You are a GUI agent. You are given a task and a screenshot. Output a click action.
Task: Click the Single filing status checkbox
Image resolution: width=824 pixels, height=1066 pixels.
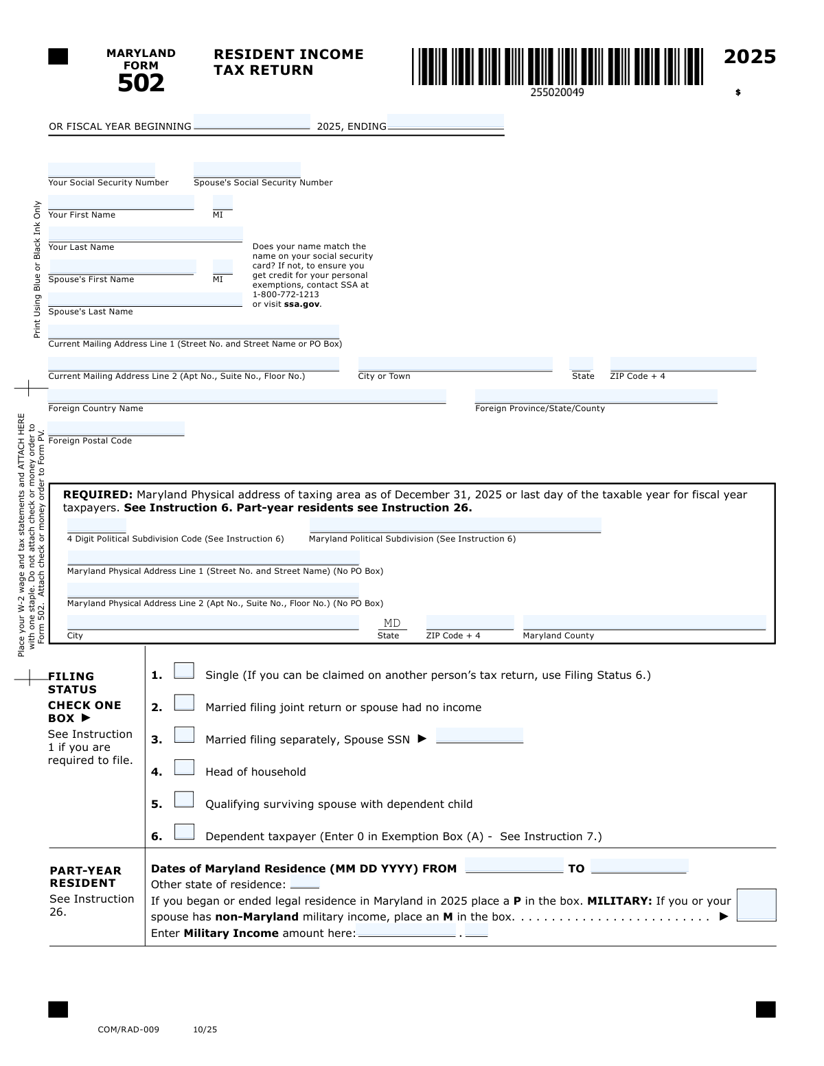pyautogui.click(x=184, y=671)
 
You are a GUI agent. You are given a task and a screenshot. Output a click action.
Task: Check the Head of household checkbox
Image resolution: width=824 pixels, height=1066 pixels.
pyautogui.click(x=184, y=767)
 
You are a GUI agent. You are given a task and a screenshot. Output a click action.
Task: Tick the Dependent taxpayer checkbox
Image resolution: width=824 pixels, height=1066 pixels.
pyautogui.click(x=184, y=832)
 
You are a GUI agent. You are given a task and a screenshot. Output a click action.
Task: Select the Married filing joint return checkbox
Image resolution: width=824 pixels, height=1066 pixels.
pyautogui.click(x=184, y=703)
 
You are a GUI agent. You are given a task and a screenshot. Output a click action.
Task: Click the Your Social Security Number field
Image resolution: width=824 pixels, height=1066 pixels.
pyautogui.click(x=102, y=170)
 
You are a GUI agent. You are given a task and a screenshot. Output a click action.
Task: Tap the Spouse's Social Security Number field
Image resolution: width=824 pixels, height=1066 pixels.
pyautogui.click(x=247, y=170)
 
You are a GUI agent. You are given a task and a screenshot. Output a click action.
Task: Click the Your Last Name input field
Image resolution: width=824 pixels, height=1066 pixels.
pyautogui.click(x=146, y=234)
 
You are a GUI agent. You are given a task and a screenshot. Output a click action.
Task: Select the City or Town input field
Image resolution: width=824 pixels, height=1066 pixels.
pyautogui.click(x=455, y=364)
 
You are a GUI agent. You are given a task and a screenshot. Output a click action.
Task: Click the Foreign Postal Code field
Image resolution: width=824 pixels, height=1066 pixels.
pyautogui.click(x=116, y=429)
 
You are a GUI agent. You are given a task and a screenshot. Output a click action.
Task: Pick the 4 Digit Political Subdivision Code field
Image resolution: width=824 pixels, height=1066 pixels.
pyautogui.click(x=97, y=526)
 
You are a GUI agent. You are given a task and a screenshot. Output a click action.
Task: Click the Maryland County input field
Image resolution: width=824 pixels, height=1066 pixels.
pyautogui.click(x=644, y=623)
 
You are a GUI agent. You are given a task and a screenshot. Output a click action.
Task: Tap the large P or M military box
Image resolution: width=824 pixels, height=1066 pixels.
pyautogui.click(x=756, y=905)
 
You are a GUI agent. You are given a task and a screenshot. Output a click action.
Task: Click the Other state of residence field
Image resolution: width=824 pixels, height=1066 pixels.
pyautogui.click(x=305, y=882)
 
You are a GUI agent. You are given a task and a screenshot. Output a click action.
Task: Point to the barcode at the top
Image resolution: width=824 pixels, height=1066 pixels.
pyautogui.click(x=558, y=67)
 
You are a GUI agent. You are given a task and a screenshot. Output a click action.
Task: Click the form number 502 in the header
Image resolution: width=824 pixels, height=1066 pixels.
pyautogui.click(x=141, y=83)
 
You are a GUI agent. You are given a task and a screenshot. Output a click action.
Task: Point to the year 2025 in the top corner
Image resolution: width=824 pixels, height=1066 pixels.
pyautogui.click(x=750, y=57)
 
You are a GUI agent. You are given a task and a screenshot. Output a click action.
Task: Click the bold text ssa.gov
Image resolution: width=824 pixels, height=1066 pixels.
pyautogui.click(x=302, y=304)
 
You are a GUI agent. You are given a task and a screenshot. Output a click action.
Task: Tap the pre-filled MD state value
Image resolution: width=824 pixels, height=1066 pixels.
pyautogui.click(x=392, y=623)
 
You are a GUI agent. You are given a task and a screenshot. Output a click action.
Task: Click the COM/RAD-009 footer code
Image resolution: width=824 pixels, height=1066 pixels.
pyautogui.click(x=128, y=1030)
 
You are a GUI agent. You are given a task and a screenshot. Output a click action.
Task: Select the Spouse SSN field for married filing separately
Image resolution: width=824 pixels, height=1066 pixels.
pyautogui.click(x=479, y=736)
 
